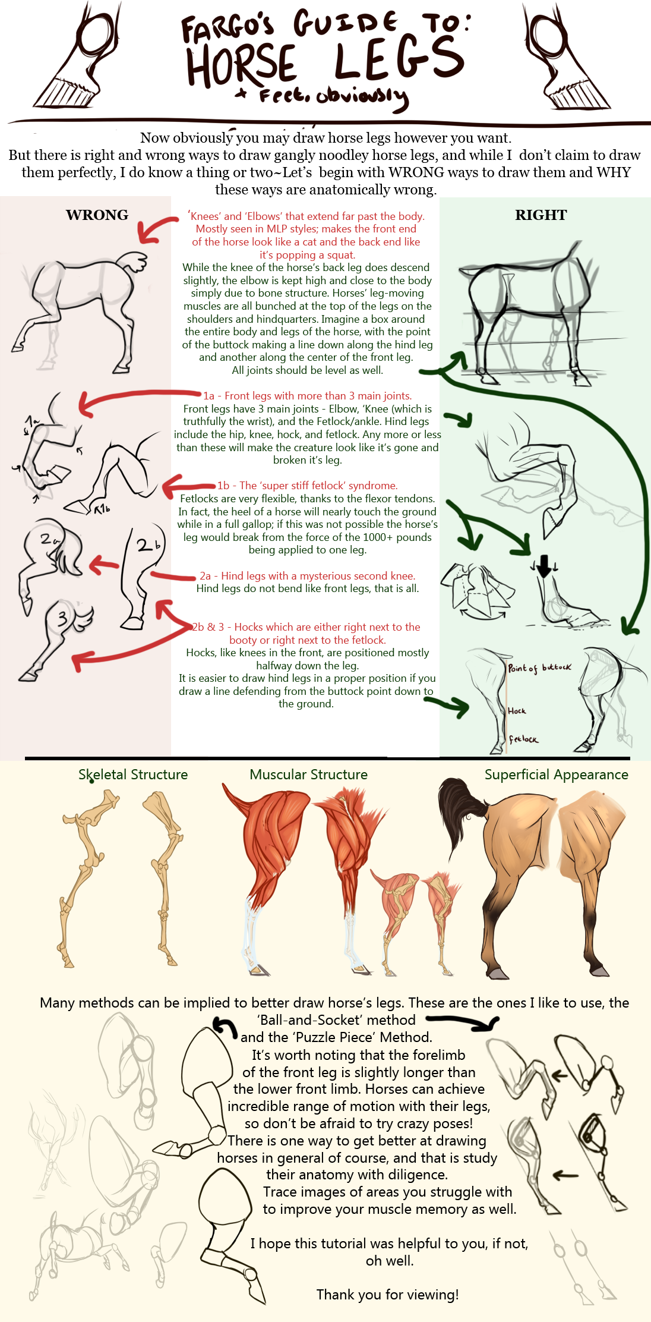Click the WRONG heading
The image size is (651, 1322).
[97, 215]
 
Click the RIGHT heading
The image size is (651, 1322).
[541, 215]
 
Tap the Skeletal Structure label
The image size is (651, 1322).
[133, 775]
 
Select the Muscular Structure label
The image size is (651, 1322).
[308, 775]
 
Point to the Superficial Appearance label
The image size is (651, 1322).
[556, 775]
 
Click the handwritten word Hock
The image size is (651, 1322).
[517, 711]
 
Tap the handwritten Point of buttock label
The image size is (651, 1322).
[539, 668]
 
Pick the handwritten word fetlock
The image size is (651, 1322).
[523, 739]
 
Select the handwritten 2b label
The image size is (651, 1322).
[149, 544]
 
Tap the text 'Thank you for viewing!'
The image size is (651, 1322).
[387, 1295]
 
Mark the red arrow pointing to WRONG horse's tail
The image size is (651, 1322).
[156, 229]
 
